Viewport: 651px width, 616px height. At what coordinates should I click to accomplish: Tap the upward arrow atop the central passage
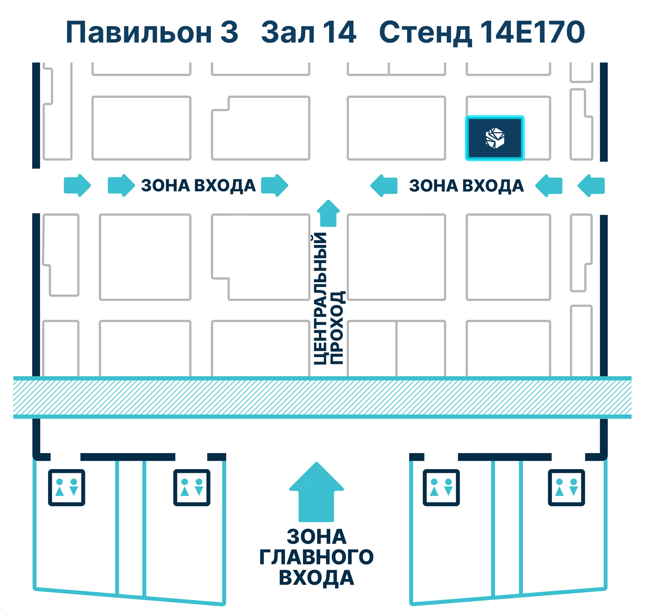pyautogui.click(x=328, y=213)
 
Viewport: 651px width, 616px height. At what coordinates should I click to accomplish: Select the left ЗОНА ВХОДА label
pyautogui.click(x=198, y=185)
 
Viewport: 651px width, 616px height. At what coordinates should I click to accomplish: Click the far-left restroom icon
pyautogui.click(x=67, y=488)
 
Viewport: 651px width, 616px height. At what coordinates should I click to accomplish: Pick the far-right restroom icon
pyautogui.click(x=566, y=488)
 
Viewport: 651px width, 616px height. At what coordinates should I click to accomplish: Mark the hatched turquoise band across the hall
pyautogui.click(x=322, y=397)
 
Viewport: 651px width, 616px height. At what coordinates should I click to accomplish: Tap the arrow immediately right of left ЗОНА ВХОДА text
pyautogui.click(x=274, y=185)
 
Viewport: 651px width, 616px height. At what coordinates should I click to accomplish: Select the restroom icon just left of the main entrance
pyautogui.click(x=192, y=488)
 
